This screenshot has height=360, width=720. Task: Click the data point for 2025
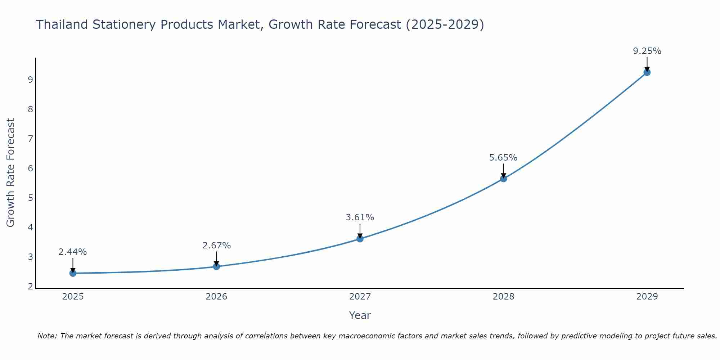pos(73,273)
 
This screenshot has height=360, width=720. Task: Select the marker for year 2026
pos(216,266)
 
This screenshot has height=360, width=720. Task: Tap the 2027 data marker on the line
pos(360,239)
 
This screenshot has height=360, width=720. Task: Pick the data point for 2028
pos(503,179)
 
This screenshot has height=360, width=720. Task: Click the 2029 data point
pos(647,72)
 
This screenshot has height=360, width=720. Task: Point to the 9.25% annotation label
pos(647,51)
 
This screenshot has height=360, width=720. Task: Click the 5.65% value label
pos(503,158)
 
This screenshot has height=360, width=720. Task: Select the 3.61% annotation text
pos(360,217)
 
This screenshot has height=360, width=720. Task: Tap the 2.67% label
pos(216,246)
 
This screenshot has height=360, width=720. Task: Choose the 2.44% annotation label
pos(73,252)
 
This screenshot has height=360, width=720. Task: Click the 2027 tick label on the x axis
pos(360,297)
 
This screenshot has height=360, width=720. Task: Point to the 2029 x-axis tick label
pos(647,297)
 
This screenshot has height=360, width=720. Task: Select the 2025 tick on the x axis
pos(73,297)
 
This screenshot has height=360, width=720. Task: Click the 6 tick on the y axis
pos(30,168)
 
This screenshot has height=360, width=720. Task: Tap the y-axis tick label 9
pos(30,80)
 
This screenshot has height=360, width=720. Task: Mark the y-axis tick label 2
pos(30,287)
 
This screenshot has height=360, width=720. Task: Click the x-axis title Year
pos(360,315)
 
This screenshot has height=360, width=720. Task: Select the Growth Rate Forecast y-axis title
pos(11,173)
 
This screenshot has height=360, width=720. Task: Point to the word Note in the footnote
pos(47,336)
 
